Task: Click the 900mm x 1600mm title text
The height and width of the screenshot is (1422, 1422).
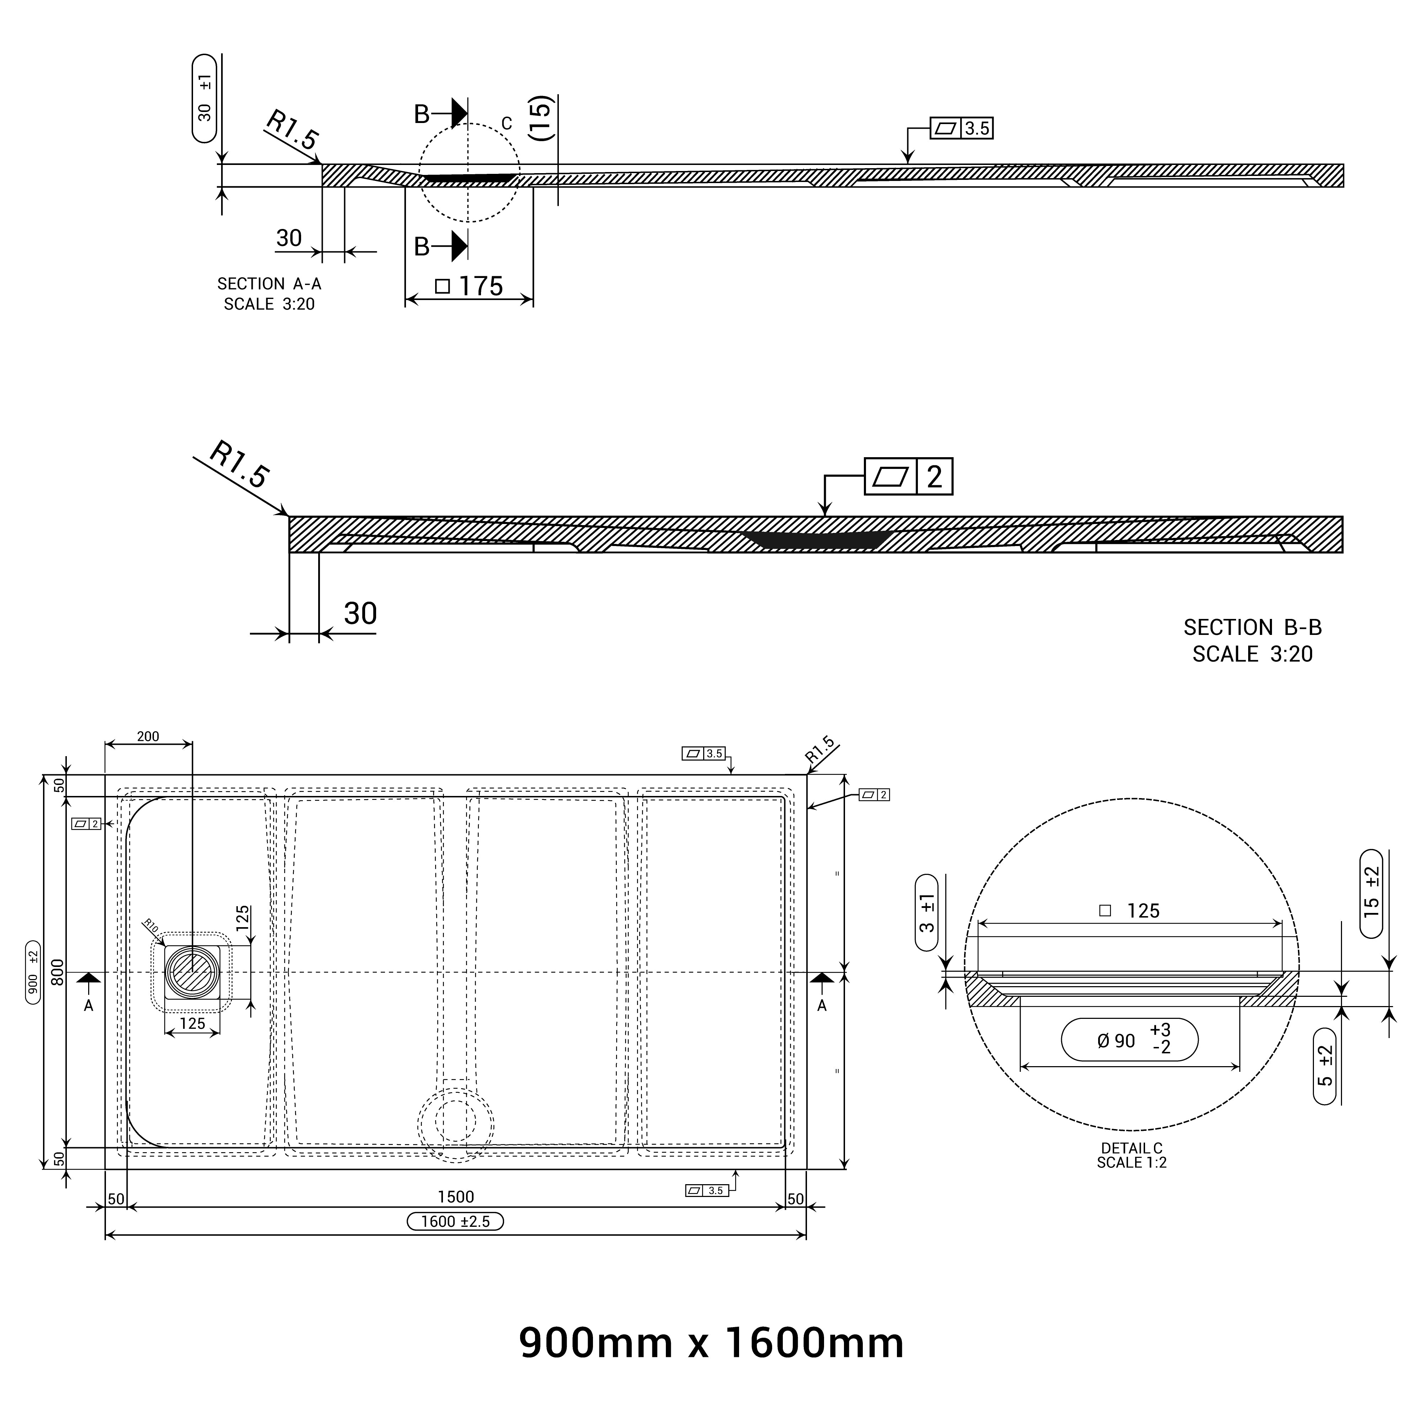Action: click(711, 1343)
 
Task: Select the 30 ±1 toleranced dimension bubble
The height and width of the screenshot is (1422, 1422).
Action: click(205, 98)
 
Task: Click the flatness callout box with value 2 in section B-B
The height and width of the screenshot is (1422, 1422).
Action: click(908, 476)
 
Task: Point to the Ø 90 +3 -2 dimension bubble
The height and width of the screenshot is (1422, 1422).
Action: click(1129, 1040)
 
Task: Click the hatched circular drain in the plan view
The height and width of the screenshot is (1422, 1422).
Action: click(192, 972)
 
